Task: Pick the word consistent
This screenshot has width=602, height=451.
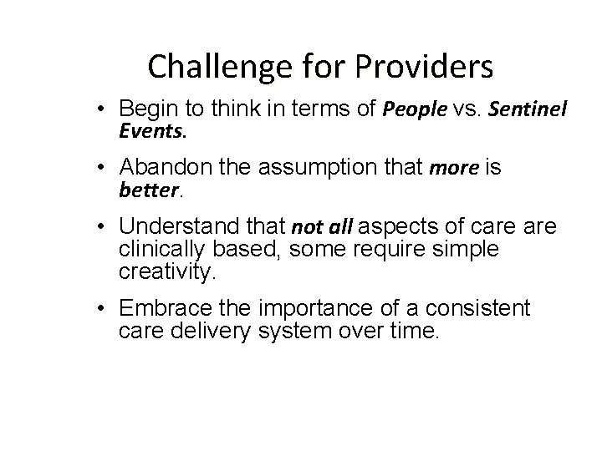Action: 479,310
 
